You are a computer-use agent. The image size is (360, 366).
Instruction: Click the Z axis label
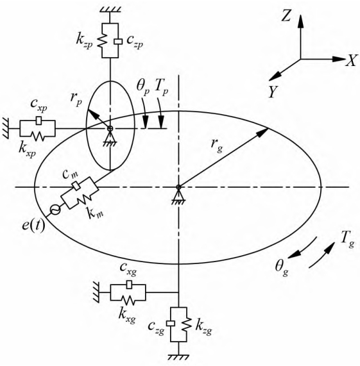[286, 16]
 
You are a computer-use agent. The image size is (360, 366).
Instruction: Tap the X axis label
[352, 60]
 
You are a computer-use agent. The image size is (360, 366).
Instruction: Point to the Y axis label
[273, 92]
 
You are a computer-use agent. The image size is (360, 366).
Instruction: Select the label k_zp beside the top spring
[84, 41]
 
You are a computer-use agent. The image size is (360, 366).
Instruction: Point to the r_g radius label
[216, 146]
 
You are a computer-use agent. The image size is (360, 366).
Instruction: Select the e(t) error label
[33, 226]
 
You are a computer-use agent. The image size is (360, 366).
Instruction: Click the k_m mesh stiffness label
[96, 213]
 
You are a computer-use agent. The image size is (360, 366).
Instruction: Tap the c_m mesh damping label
[71, 174]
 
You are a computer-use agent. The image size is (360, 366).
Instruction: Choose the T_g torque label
[348, 239]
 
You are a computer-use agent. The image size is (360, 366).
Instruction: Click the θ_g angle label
[282, 268]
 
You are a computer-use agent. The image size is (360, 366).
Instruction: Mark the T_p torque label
[161, 88]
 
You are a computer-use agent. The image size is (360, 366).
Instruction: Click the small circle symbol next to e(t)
[55, 209]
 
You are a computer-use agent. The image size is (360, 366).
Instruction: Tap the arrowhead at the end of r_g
[262, 132]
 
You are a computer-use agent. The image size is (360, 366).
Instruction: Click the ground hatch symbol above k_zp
[110, 10]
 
